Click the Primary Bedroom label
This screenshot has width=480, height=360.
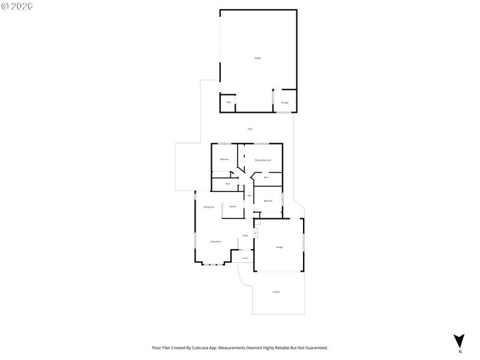click(263, 160)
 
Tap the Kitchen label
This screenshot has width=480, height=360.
click(233, 206)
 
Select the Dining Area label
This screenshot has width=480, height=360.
click(208, 207)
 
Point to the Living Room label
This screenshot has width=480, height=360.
click(215, 241)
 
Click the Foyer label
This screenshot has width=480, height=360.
click(245, 236)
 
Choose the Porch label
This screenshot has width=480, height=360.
click(245, 258)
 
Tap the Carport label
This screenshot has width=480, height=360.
click(276, 292)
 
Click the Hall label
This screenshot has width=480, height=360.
click(249, 196)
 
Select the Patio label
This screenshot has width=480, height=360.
click(250, 129)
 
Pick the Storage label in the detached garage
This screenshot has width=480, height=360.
click(284, 103)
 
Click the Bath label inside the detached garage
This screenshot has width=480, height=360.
click(228, 103)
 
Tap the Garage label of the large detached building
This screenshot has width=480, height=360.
click(257, 58)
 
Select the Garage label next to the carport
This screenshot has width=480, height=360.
click(279, 247)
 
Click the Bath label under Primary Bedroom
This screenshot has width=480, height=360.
click(265, 177)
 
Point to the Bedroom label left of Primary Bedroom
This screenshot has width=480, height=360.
click(224, 159)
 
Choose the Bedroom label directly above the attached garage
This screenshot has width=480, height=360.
click(268, 200)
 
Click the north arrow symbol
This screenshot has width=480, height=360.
click(460, 340)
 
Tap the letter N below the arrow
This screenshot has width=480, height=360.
click(460, 351)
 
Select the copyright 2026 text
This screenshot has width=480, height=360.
click(17, 6)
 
